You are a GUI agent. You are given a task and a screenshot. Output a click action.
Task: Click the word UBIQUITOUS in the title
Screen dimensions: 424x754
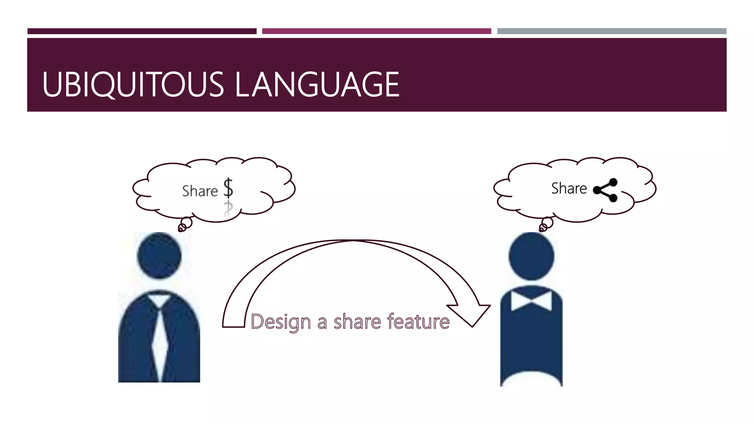point(133,85)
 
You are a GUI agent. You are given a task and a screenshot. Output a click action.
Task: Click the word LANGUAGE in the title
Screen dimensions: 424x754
point(317,85)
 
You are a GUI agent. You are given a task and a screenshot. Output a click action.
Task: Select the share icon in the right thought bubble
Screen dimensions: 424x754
point(606,190)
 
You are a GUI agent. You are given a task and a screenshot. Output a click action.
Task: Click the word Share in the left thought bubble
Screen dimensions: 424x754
point(200,191)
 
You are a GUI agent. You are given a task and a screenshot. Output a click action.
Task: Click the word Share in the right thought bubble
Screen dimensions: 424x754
point(569,188)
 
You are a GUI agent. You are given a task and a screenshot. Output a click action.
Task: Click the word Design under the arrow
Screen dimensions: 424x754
point(281,322)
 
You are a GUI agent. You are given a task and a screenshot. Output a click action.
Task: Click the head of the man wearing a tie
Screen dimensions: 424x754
point(159,255)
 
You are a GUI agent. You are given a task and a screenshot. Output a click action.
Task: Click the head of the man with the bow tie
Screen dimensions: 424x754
point(531,256)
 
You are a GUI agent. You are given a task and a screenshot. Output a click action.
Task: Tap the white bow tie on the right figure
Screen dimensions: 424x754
point(531,300)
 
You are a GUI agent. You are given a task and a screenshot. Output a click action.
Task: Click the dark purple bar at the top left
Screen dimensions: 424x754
point(142,31)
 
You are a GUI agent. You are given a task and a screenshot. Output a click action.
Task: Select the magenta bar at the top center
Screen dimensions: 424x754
point(376,31)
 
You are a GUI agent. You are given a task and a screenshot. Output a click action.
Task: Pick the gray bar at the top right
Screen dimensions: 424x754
point(612,31)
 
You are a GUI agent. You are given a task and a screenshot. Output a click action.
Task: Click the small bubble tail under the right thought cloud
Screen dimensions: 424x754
point(546,224)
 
